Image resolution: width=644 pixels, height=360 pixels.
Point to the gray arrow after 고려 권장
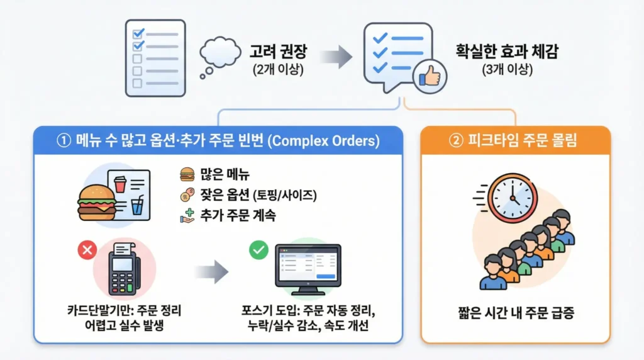(336, 57)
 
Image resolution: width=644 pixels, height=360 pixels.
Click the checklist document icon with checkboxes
(155, 57)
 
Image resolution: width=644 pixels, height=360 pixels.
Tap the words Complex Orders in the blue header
(325, 141)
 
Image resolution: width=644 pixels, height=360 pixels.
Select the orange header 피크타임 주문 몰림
(514, 141)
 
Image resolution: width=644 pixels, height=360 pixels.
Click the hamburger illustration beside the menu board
(96, 200)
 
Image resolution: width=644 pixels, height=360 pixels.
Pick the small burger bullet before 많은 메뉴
(186, 174)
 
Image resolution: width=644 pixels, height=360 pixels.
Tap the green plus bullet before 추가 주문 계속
(186, 215)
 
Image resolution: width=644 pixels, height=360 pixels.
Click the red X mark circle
(86, 250)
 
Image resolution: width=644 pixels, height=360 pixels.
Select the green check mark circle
(258, 250)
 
